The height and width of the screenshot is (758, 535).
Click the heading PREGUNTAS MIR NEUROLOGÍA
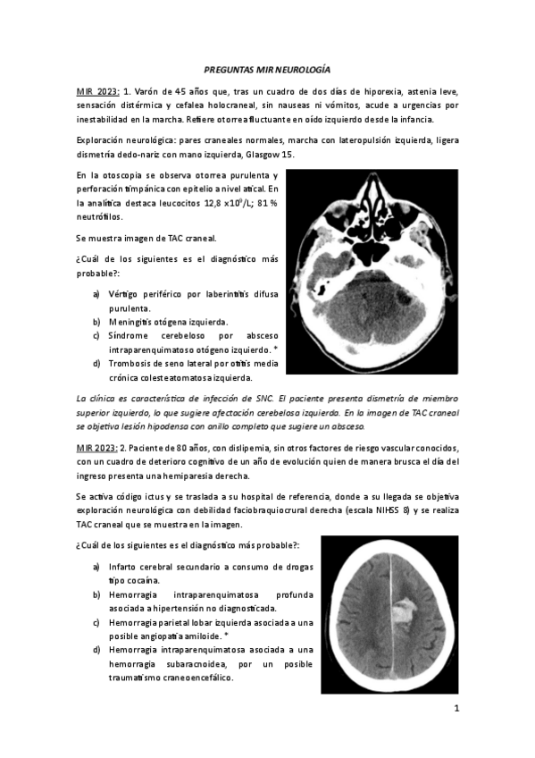(267, 69)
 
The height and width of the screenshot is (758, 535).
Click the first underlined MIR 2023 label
(96, 91)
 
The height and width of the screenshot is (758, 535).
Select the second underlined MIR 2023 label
(96, 445)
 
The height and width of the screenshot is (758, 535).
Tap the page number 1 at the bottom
(456, 711)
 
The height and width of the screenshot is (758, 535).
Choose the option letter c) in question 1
(96, 336)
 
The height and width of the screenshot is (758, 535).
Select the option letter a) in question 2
(96, 567)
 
